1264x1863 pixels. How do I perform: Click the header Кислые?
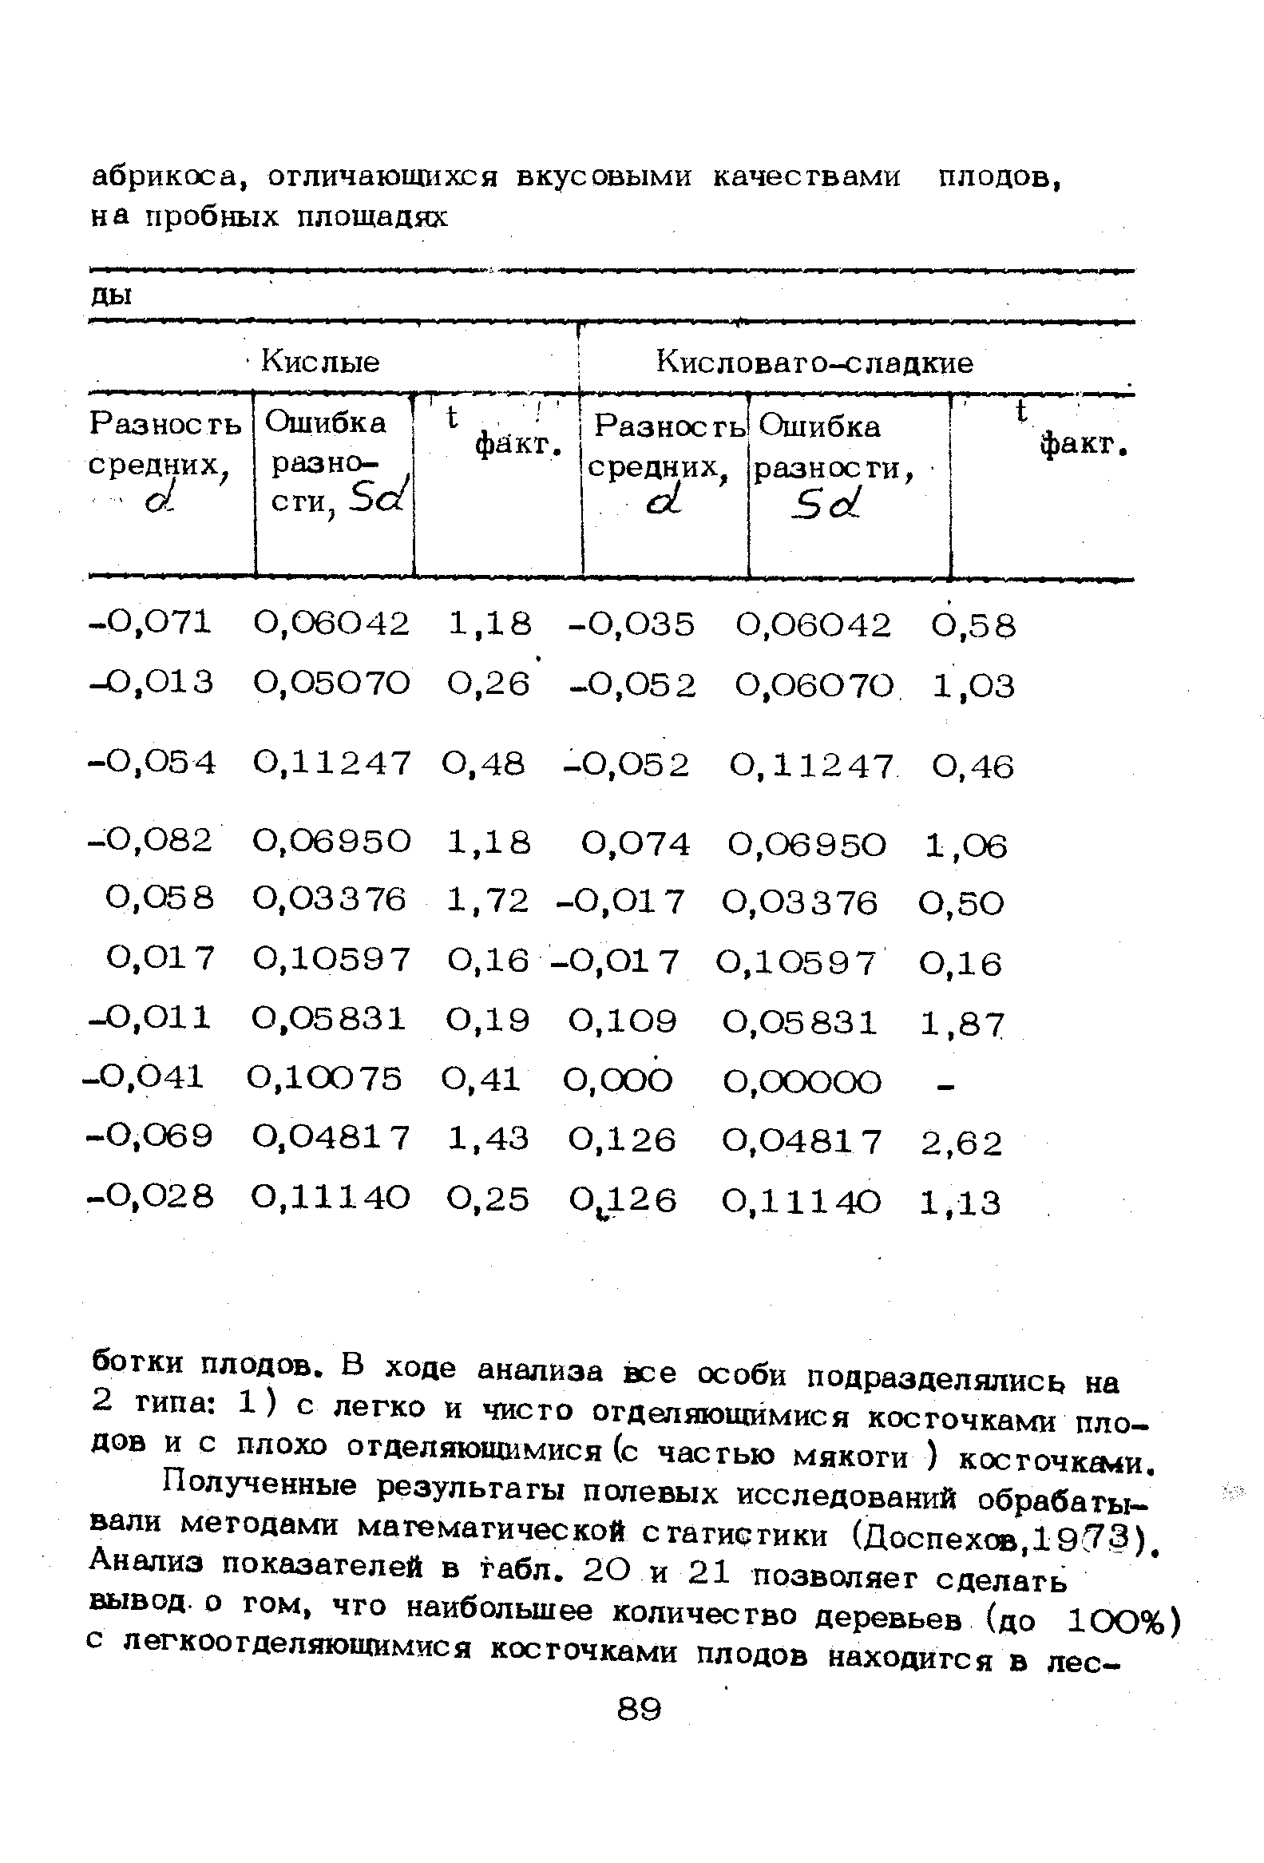[x=320, y=363]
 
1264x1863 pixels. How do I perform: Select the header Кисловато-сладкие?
[x=814, y=363]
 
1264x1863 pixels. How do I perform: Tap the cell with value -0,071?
[x=151, y=621]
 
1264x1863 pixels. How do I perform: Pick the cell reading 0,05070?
[x=331, y=683]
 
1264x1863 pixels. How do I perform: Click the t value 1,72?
[x=488, y=900]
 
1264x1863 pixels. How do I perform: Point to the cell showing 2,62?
[x=961, y=1143]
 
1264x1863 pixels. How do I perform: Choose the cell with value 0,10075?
[x=325, y=1078]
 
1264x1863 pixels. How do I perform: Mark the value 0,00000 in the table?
[x=802, y=1082]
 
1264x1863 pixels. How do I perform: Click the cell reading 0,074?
[x=635, y=843]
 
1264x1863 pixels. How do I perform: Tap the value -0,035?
[x=631, y=624]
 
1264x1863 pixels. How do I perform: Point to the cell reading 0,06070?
[x=814, y=686]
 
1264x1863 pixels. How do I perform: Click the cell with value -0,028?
[x=151, y=1198]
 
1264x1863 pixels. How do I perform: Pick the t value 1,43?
[x=488, y=1138]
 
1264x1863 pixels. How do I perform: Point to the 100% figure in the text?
[x=1116, y=1621]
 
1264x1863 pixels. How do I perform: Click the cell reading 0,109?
[x=623, y=1021]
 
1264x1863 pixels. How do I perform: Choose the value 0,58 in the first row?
[x=973, y=625]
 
